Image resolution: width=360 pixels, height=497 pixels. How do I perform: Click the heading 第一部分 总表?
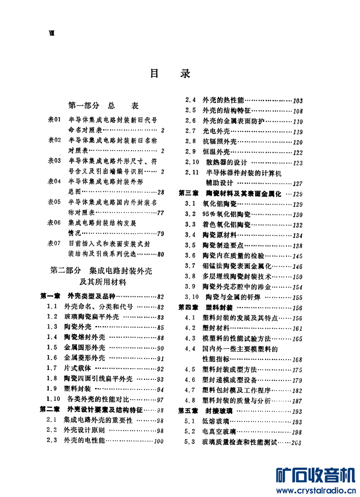[103, 106]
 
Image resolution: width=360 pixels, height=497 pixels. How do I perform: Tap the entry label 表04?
[54, 181]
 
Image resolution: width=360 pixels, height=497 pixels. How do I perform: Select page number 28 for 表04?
[161, 192]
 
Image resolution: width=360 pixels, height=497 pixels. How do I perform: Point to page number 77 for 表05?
[161, 212]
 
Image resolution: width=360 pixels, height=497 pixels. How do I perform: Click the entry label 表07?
[54, 243]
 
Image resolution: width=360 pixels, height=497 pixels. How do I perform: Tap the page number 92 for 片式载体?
[160, 369]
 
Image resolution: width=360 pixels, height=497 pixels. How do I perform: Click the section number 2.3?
[51, 441]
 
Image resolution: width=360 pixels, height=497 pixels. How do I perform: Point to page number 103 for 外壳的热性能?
[298, 100]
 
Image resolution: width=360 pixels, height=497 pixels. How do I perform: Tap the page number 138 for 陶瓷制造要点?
[298, 245]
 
